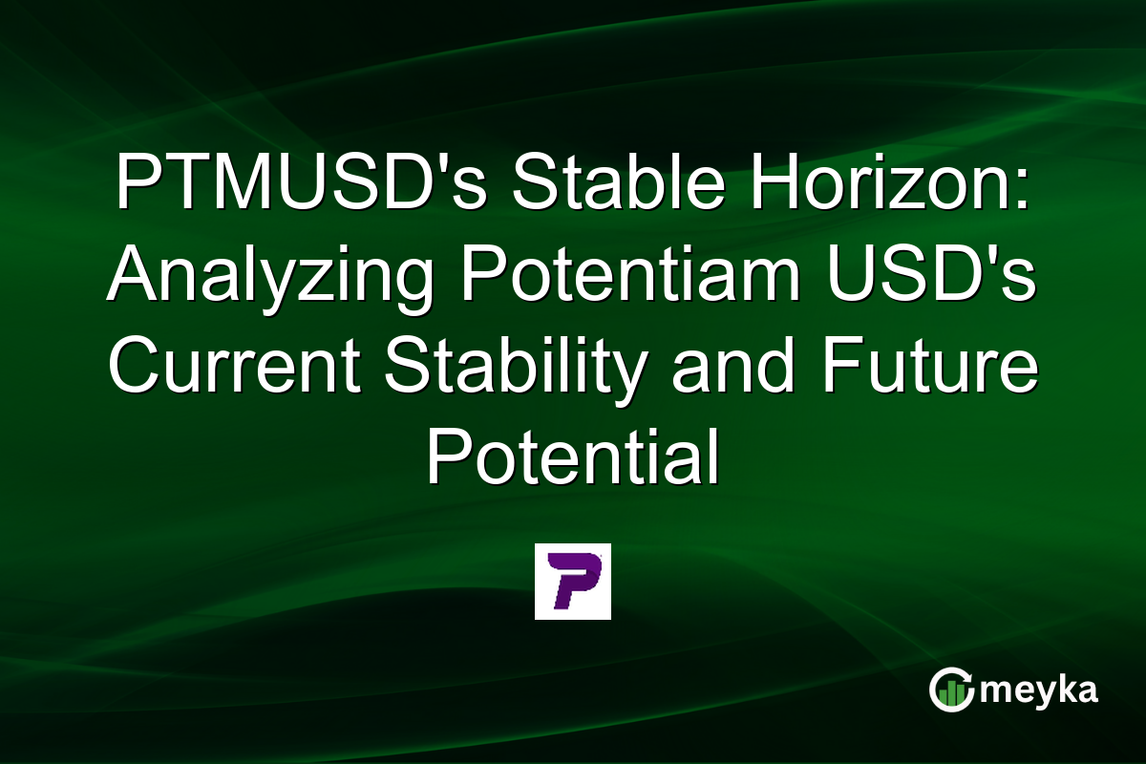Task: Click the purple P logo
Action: (572, 582)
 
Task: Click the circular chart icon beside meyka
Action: (950, 690)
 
